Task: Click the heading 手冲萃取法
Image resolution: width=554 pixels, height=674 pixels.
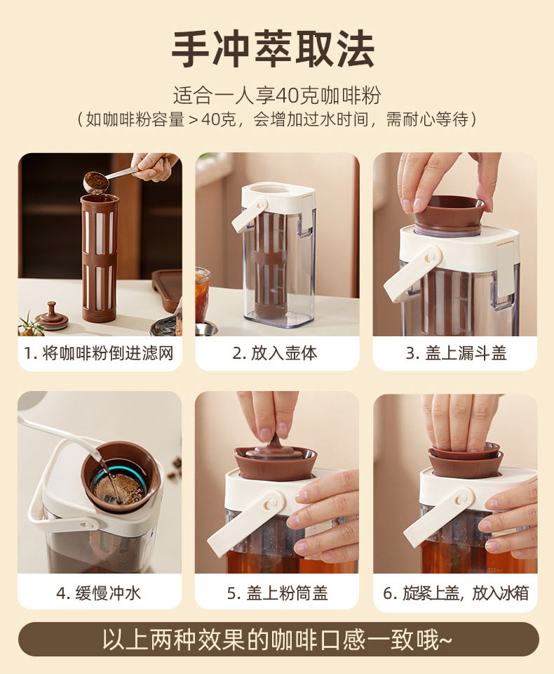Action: [273, 49]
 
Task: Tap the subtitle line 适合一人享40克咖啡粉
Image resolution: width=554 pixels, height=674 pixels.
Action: [277, 95]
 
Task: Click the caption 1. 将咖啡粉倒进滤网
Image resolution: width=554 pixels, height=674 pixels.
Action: [99, 353]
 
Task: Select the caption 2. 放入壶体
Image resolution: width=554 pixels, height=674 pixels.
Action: [275, 353]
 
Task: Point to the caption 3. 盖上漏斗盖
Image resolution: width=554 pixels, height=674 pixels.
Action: [456, 353]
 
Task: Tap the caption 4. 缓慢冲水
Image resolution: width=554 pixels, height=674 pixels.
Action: [99, 593]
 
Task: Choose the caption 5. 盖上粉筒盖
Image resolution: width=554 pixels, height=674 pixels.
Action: [278, 593]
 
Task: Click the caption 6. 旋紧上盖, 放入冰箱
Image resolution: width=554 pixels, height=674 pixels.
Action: [456, 593]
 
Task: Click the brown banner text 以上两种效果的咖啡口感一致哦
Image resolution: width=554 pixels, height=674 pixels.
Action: [277, 640]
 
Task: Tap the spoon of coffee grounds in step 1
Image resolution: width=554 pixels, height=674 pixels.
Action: [97, 182]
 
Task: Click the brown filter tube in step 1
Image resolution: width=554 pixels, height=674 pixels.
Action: [99, 258]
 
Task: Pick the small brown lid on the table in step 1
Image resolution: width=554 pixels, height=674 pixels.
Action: [51, 317]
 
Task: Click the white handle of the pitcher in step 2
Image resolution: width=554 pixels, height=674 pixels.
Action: [249, 215]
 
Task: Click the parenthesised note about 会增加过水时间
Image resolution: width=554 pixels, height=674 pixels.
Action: [277, 119]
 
